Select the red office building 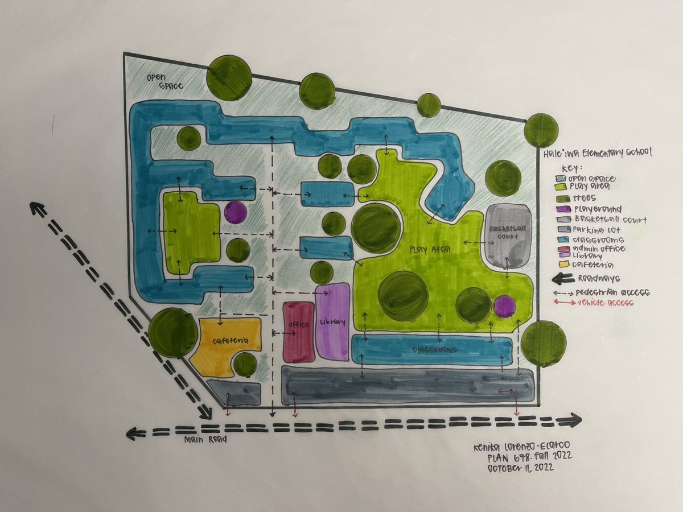point(298,332)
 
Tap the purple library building point(332,321)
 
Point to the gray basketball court point(508,235)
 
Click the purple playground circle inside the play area point(504,306)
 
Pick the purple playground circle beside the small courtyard point(235,213)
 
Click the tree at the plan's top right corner point(541,130)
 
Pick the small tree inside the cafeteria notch point(245,365)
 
